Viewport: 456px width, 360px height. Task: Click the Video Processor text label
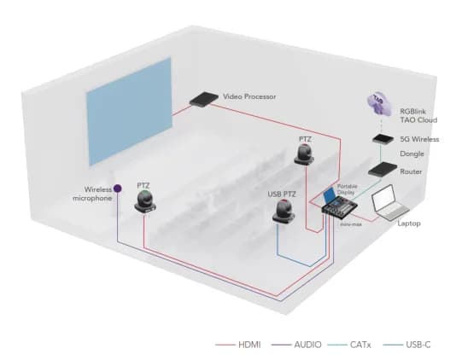251,97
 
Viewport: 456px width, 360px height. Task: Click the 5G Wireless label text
419,138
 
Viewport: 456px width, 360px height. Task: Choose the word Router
412,171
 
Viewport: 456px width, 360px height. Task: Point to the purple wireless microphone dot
118,188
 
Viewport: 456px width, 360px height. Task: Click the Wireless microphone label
92,195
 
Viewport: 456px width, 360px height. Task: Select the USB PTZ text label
283,194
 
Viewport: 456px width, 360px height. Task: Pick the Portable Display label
347,188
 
